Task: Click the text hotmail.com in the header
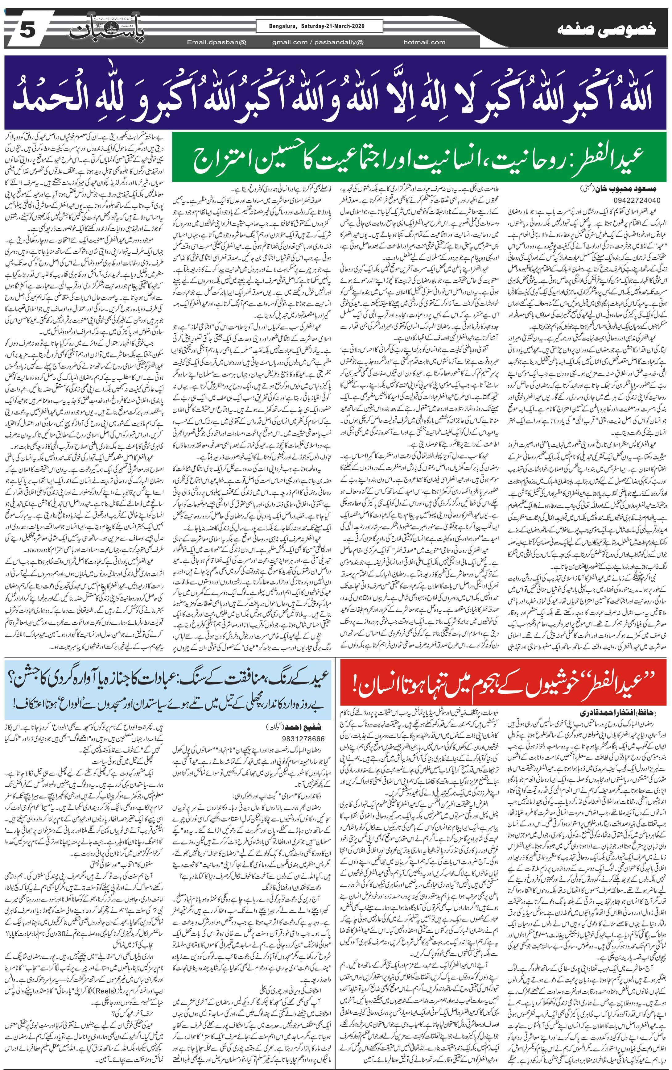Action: click(424, 42)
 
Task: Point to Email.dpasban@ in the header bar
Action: click(216, 42)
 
